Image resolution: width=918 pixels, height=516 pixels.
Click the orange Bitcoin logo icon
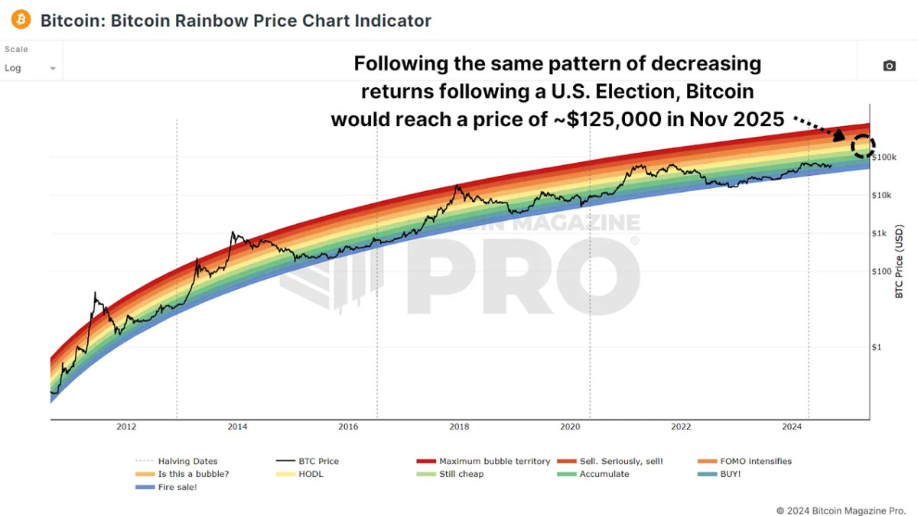click(21, 20)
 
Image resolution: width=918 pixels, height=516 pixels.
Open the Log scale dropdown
click(31, 68)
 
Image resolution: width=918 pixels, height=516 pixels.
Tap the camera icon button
click(889, 67)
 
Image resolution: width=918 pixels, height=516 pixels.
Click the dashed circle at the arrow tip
click(863, 145)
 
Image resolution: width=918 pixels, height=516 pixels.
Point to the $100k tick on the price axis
click(884, 157)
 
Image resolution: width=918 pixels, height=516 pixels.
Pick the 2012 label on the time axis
click(126, 427)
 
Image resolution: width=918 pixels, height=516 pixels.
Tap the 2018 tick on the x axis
click(459, 427)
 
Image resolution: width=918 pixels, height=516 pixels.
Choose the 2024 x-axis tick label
click(793, 427)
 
